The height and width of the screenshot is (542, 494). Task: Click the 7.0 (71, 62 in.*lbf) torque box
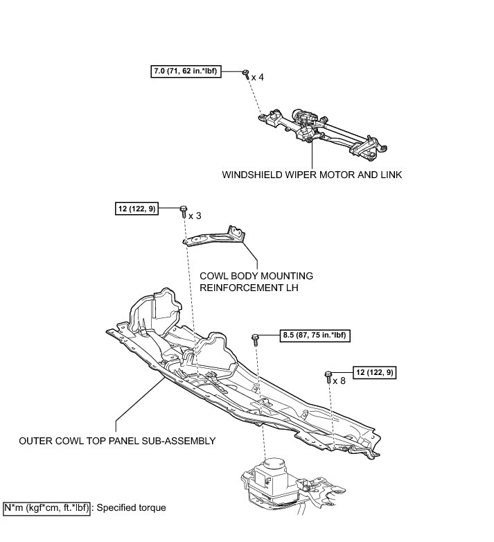186,71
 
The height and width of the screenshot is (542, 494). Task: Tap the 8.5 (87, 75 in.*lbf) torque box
314,336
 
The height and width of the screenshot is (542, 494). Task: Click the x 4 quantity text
257,77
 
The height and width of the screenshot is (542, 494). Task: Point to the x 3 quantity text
195,216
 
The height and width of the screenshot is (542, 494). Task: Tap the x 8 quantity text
339,381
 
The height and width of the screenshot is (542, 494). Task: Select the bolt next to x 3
184,210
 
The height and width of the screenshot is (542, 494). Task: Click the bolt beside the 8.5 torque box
256,338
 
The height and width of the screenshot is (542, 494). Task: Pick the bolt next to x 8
328,376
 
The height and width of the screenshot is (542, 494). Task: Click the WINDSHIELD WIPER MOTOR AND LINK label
312,175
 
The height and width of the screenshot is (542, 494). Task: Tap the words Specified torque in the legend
131,508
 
